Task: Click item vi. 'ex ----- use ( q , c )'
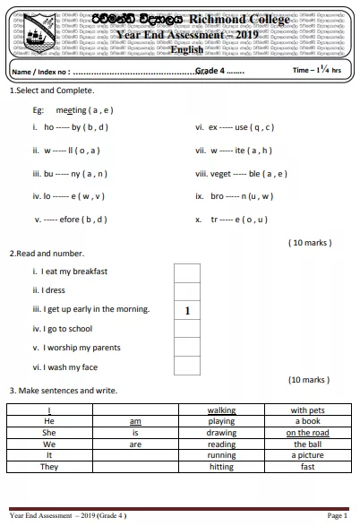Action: click(x=235, y=127)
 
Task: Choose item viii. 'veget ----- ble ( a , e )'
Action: click(x=242, y=174)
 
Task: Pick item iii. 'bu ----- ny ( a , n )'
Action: click(x=70, y=174)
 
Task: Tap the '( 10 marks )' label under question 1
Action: click(x=310, y=242)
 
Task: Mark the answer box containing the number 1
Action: click(x=187, y=311)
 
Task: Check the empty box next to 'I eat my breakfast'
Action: click(x=187, y=272)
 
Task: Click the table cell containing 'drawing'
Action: click(x=221, y=433)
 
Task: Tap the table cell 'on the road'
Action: click(x=307, y=433)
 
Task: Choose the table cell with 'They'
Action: click(x=49, y=467)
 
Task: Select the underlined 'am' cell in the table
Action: click(x=135, y=421)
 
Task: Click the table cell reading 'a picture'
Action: click(x=307, y=455)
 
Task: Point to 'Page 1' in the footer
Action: click(x=337, y=516)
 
